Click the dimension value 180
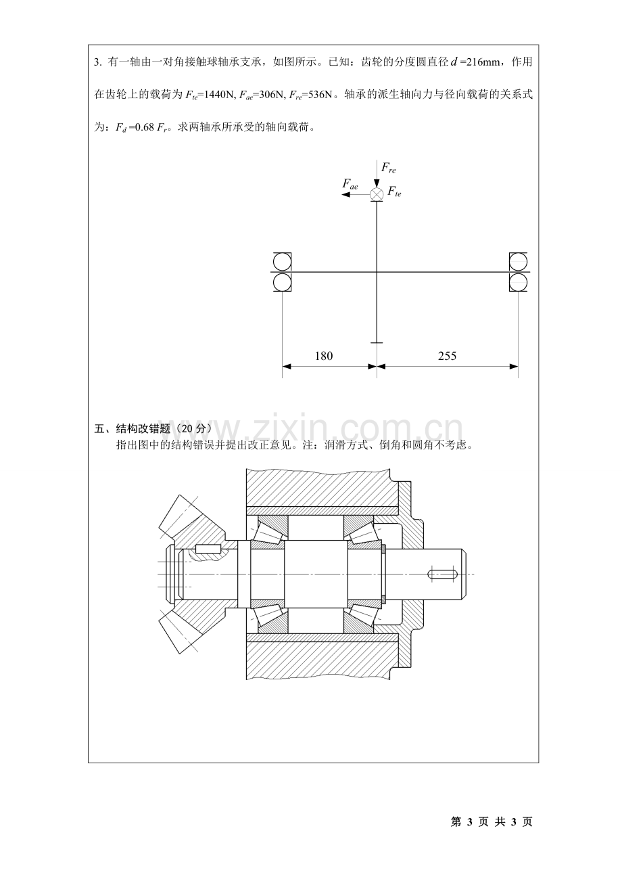pyautogui.click(x=324, y=356)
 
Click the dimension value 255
pyautogui.click(x=447, y=356)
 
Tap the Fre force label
pyautogui.click(x=389, y=168)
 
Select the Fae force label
pyautogui.click(x=350, y=184)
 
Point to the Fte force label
pyautogui.click(x=394, y=191)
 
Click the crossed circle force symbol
pyautogui.click(x=377, y=194)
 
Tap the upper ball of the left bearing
pyautogui.click(x=282, y=262)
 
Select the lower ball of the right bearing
pyautogui.click(x=519, y=282)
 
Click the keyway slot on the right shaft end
pyautogui.click(x=442, y=574)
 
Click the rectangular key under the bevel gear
pyautogui.click(x=208, y=549)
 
